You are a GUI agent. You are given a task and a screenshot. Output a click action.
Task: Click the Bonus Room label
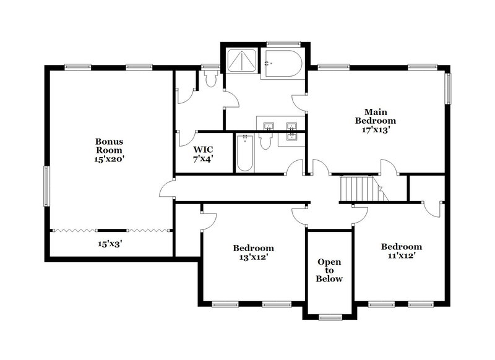108,145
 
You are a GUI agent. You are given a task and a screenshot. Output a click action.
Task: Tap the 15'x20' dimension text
108,159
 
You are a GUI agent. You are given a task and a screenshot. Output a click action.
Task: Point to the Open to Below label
329,270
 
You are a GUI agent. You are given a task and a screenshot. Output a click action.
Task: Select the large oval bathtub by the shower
282,63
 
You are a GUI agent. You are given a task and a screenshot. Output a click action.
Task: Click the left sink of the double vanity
268,127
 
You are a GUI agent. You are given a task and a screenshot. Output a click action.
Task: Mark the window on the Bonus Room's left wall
45,186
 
